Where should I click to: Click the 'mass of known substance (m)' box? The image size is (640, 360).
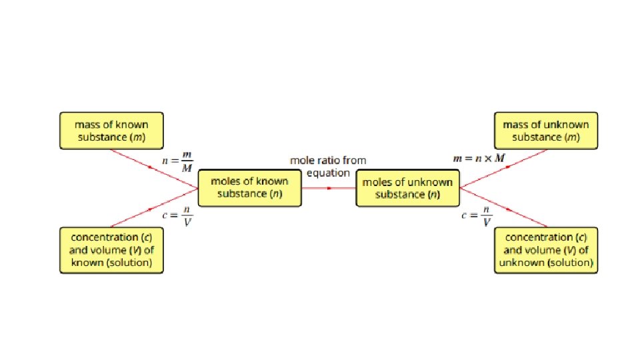(x=111, y=131)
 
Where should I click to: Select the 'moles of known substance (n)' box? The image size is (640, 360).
(x=249, y=187)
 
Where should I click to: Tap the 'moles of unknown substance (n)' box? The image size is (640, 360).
(x=407, y=187)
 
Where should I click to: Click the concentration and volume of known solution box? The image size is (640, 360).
(x=111, y=250)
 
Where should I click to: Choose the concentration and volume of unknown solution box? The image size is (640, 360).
(x=546, y=250)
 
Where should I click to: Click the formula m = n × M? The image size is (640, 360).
(x=479, y=159)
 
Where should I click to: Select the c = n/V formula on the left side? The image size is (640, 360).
(x=178, y=217)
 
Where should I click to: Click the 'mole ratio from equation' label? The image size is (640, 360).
(x=327, y=167)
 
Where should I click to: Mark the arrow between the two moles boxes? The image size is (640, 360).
(x=328, y=188)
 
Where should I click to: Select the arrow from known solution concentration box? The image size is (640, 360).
(x=154, y=208)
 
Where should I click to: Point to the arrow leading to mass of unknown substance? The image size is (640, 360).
(x=507, y=167)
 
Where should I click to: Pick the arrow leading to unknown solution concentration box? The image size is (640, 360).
(x=507, y=209)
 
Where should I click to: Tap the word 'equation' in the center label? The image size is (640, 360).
(x=327, y=173)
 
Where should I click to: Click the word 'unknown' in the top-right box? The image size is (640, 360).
(x=561, y=125)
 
